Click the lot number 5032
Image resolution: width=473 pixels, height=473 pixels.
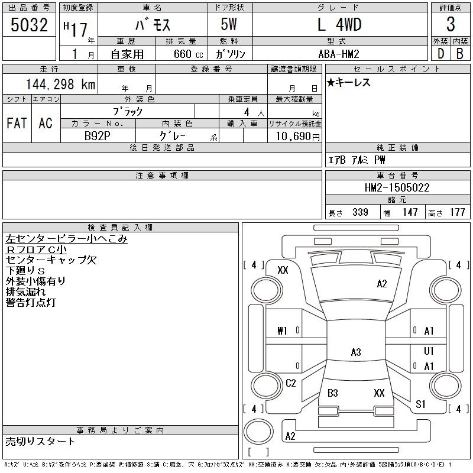point(29,25)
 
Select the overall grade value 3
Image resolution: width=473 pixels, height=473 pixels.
point(451,25)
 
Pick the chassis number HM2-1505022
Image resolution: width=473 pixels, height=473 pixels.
point(397,187)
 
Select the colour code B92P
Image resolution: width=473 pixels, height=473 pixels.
point(98,135)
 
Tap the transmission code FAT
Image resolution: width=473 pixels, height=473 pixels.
point(17,124)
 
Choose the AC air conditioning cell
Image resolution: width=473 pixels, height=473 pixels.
point(46,124)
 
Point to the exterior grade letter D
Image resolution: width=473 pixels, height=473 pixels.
point(440,53)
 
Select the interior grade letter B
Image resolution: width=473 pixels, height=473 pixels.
point(459,53)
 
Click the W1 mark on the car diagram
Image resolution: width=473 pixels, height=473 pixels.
point(282,331)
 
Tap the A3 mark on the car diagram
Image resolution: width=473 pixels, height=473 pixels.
point(356,352)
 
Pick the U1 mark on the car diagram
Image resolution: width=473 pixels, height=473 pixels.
point(429,351)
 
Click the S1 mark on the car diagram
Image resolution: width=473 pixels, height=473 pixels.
point(420,404)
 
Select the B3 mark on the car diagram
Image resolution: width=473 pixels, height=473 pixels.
point(332,393)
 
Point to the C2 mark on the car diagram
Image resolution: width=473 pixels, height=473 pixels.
point(290,383)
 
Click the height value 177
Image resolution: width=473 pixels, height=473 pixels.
point(457,212)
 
